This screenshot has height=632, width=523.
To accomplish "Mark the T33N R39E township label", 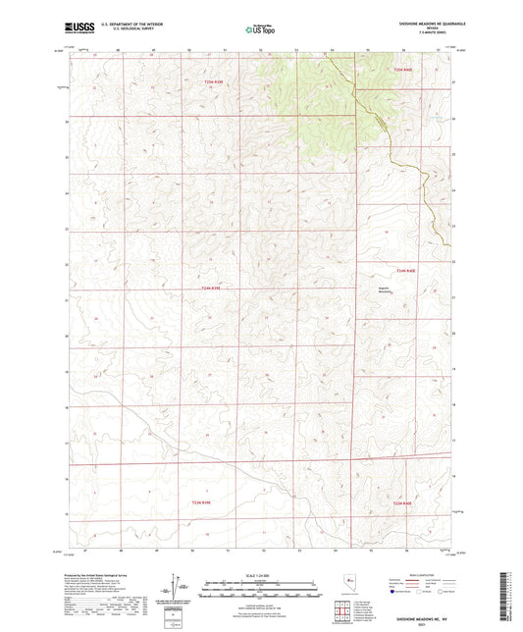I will pyautogui.click(x=200, y=502).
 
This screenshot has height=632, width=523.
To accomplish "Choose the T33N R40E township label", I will pyautogui.click(x=405, y=502).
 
